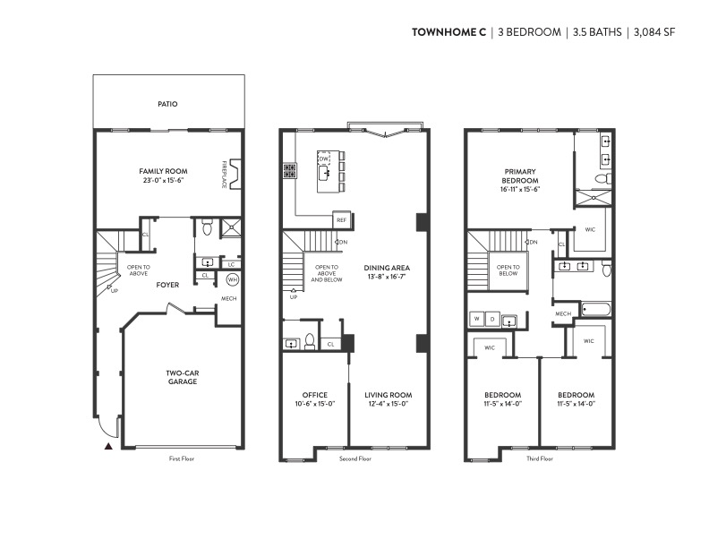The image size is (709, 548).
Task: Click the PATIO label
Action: [x=167, y=104]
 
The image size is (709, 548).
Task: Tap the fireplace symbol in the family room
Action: [x=235, y=174]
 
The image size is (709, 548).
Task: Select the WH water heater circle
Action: [x=233, y=280]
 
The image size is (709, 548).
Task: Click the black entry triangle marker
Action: [x=108, y=446]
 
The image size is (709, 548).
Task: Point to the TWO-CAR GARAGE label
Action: [x=183, y=378]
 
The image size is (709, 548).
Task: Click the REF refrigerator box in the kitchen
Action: [x=341, y=219]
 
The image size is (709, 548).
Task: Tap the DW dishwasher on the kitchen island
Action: [x=324, y=158]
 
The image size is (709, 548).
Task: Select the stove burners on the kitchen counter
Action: [x=289, y=170]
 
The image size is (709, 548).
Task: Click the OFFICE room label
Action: [x=315, y=395]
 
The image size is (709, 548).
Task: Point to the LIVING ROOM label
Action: [x=389, y=395]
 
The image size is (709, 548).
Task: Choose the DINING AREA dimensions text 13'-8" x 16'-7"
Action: [x=387, y=277]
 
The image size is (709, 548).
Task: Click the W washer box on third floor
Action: [x=476, y=319]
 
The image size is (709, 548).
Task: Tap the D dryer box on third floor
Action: [x=492, y=319]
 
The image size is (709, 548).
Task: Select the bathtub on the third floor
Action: [x=596, y=310]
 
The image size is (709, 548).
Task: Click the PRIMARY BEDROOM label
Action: [x=520, y=176]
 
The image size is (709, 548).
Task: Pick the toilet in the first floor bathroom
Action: [x=207, y=227]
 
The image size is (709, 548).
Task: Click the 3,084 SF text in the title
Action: [x=654, y=32]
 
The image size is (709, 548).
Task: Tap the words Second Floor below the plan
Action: [x=355, y=458]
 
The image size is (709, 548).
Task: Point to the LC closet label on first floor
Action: [x=231, y=264]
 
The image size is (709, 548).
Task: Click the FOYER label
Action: [x=167, y=285]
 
